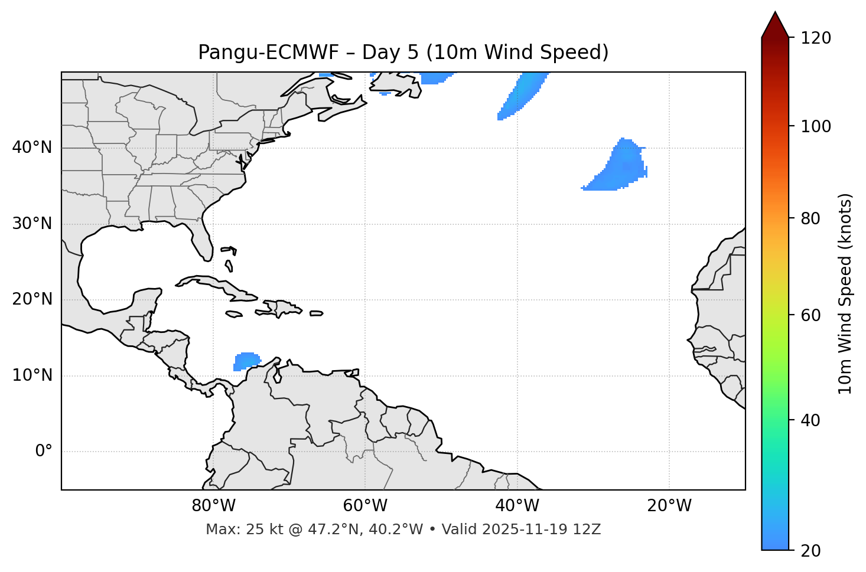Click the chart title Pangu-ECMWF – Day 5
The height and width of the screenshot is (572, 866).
tap(403, 53)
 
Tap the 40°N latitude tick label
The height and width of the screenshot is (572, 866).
tap(32, 148)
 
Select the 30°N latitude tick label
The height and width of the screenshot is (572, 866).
tap(32, 224)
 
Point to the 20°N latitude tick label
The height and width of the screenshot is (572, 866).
tap(32, 299)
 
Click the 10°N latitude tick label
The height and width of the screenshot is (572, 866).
tap(32, 375)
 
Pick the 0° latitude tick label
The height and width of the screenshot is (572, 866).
tap(44, 452)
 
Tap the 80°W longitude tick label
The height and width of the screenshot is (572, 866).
tap(213, 506)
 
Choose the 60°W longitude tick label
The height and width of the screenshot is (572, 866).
tap(365, 506)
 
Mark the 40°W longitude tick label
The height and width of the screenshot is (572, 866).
tap(517, 506)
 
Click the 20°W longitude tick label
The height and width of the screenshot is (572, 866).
tap(669, 506)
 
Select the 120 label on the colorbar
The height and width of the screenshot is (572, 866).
tap(816, 38)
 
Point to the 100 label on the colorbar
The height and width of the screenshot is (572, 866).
tap(816, 126)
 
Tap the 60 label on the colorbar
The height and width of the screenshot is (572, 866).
tap(813, 315)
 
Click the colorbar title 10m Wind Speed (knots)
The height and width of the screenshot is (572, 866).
tap(845, 293)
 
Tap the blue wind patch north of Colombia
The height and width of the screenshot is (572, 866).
tap(247, 360)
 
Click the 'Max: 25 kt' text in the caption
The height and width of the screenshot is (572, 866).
tap(232, 529)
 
